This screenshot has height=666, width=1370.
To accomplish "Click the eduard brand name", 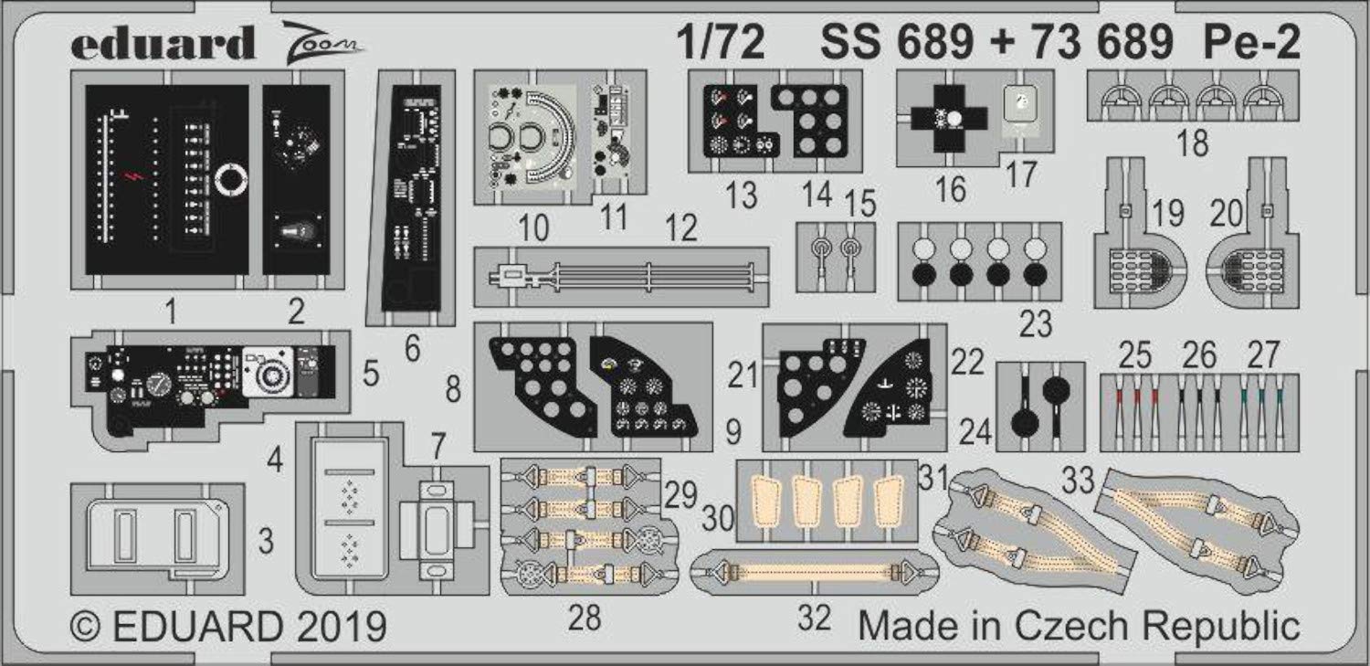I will tap(163, 44).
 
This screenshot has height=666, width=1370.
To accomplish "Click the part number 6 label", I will tap(411, 347).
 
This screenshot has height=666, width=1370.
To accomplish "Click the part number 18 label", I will tap(1192, 143).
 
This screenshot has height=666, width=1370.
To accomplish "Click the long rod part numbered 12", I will tap(621, 274).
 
